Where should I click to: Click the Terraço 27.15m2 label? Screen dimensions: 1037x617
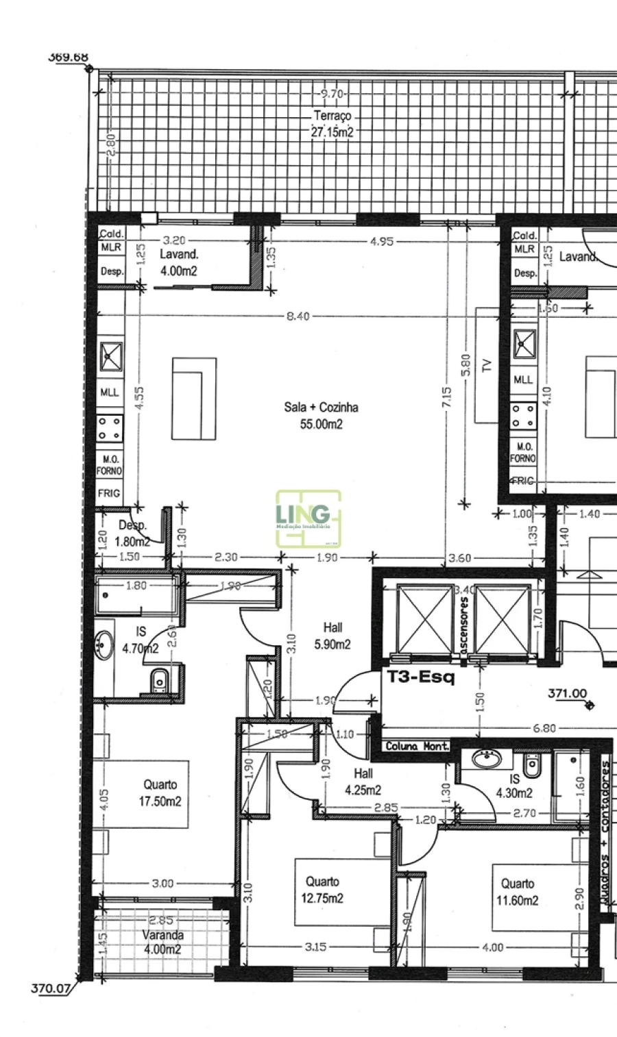[x=332, y=125]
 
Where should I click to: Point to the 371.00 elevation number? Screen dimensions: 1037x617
[x=567, y=693]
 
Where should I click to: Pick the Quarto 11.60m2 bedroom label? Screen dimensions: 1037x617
[x=518, y=892]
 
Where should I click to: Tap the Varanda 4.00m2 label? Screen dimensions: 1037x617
[x=162, y=942]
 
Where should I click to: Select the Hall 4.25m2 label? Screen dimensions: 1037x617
[x=363, y=782]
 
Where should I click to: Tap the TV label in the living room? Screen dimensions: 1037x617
[x=487, y=365]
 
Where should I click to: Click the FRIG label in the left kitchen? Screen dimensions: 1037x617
[x=109, y=493]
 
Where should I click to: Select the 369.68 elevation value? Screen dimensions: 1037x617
[x=68, y=57]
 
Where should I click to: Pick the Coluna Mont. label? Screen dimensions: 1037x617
[x=416, y=746]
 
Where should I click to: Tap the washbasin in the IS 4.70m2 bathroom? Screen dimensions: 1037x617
[x=105, y=645]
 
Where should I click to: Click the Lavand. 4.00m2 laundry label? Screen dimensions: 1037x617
[x=180, y=262]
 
